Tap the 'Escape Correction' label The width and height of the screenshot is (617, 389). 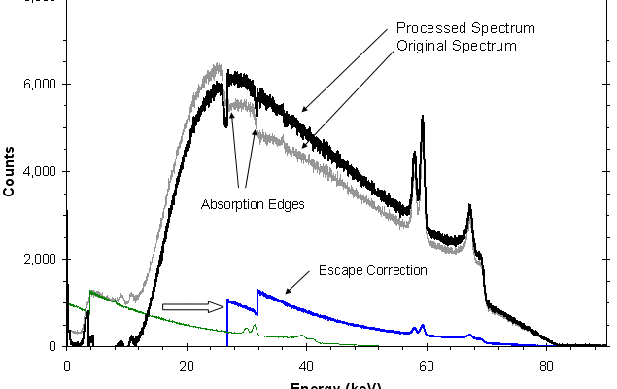coord(373,270)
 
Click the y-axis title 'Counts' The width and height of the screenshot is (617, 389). coord(9,171)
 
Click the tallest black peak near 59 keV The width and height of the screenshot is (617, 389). coord(423,119)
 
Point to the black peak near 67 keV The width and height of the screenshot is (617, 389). coord(469,207)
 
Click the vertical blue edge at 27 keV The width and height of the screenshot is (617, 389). coord(227,321)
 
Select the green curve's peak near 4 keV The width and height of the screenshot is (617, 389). coord(90,291)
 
